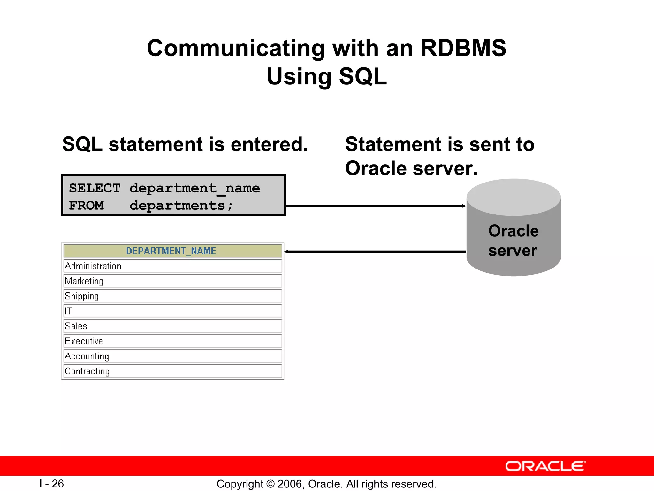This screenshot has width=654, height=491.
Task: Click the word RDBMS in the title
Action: coord(463,48)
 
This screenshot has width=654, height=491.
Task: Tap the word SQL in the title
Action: coord(362,77)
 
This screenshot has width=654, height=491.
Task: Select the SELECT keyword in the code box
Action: coord(95,188)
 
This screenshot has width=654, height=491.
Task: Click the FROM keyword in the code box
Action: coord(86,205)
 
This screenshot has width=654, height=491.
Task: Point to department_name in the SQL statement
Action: coord(194,188)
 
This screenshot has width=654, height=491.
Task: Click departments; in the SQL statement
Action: coord(181,205)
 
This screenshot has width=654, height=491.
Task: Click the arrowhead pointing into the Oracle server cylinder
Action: coord(464,206)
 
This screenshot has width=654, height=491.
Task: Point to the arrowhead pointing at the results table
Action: coord(286,252)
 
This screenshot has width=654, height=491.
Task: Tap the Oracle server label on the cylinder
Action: coord(513,240)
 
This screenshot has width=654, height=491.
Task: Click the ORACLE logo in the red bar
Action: coord(545,466)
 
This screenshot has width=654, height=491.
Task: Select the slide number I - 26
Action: coord(52,484)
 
